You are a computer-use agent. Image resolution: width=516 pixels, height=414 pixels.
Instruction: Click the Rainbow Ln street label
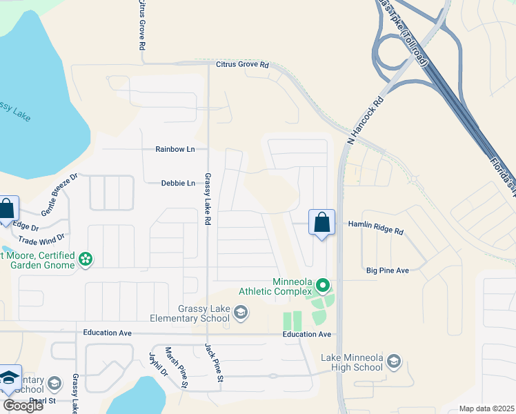[x=175, y=149]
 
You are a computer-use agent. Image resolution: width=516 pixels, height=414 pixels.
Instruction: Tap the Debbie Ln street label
[x=178, y=184]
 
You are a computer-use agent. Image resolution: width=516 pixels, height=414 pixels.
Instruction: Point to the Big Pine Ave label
[x=388, y=271]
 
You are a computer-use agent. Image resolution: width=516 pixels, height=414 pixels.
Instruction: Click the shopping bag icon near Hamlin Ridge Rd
[x=321, y=222]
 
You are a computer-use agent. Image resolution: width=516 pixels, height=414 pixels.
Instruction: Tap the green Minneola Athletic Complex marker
[x=321, y=284]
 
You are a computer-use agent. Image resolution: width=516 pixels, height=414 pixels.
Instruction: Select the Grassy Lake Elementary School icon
[x=241, y=314]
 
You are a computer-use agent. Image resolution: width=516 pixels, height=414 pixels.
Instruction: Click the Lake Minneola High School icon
[x=393, y=362]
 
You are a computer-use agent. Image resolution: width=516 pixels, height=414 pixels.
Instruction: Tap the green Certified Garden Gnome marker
[x=86, y=259]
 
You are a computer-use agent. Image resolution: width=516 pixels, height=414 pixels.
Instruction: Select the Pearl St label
[x=41, y=400]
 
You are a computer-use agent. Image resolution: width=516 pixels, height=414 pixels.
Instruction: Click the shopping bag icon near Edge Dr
[x=7, y=209]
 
